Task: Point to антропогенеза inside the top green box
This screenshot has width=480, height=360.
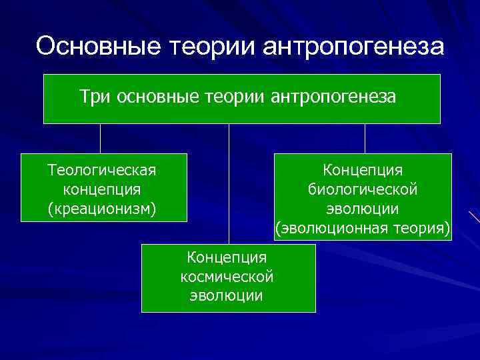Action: (x=333, y=97)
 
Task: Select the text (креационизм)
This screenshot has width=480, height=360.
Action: (x=103, y=209)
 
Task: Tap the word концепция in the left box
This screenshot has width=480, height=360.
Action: (x=103, y=189)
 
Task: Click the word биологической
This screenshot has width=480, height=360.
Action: (x=363, y=189)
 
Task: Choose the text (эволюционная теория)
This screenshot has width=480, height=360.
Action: (x=363, y=229)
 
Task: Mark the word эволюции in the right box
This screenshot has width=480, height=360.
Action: (x=363, y=209)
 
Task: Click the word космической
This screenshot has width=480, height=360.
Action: (x=227, y=275)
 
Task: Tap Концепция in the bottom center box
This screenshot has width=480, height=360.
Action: (x=227, y=257)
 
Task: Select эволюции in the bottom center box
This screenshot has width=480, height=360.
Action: (x=227, y=295)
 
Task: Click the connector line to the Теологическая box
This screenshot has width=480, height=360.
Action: (x=101, y=139)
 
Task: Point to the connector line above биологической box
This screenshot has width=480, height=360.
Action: (x=365, y=139)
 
